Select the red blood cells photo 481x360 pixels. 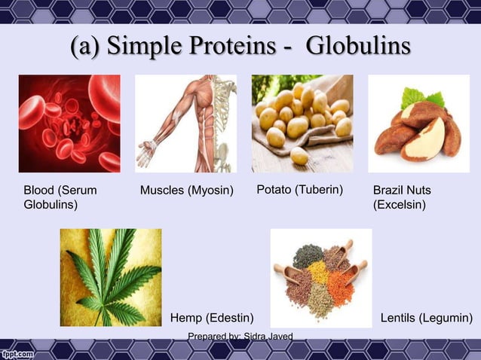pos(69,124)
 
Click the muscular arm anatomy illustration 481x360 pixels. pos(185,124)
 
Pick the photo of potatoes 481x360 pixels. pos(302,124)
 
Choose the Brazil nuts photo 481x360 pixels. pos(418,124)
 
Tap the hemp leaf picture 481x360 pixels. pos(111,277)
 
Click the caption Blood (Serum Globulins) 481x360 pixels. pos(60,197)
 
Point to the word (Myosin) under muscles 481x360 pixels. pos(215,191)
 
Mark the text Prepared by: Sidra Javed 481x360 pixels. pos(240,336)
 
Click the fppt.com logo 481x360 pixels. pos(17,352)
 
